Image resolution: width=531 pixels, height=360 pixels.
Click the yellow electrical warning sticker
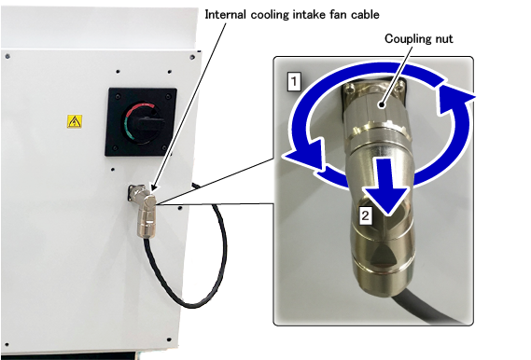(x=74, y=121)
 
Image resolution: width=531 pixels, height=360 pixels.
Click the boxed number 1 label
(x=294, y=81)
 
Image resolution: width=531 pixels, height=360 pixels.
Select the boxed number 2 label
(x=365, y=215)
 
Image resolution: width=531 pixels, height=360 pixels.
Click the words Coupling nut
(x=419, y=39)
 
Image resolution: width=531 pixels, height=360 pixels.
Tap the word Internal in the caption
(x=225, y=15)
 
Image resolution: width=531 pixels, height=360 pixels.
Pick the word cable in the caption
(x=366, y=15)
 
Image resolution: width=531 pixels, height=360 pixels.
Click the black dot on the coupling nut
(x=382, y=104)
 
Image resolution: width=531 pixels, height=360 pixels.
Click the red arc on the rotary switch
(x=140, y=109)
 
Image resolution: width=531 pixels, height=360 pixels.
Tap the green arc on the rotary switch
(x=128, y=131)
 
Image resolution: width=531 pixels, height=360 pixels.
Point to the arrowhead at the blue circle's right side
(x=455, y=99)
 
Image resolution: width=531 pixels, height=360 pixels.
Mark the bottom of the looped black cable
(x=191, y=306)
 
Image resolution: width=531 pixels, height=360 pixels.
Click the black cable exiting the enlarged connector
(x=426, y=310)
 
